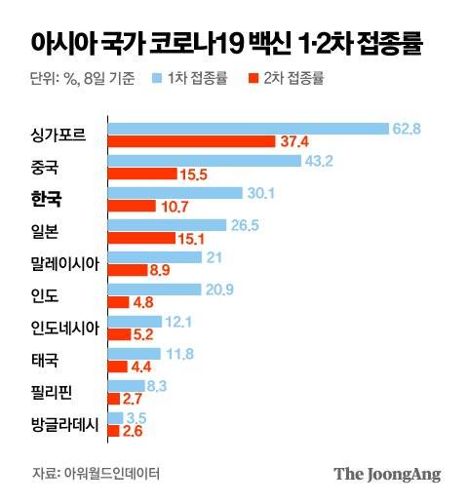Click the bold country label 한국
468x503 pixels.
click(46, 199)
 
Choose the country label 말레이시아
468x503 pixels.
click(65, 263)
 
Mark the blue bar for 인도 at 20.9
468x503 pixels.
click(153, 289)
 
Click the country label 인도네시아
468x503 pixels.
click(65, 329)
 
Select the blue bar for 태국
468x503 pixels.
click(133, 353)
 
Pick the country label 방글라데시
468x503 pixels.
click(65, 424)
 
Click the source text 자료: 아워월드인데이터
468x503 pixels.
click(97, 474)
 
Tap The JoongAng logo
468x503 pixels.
click(387, 474)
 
